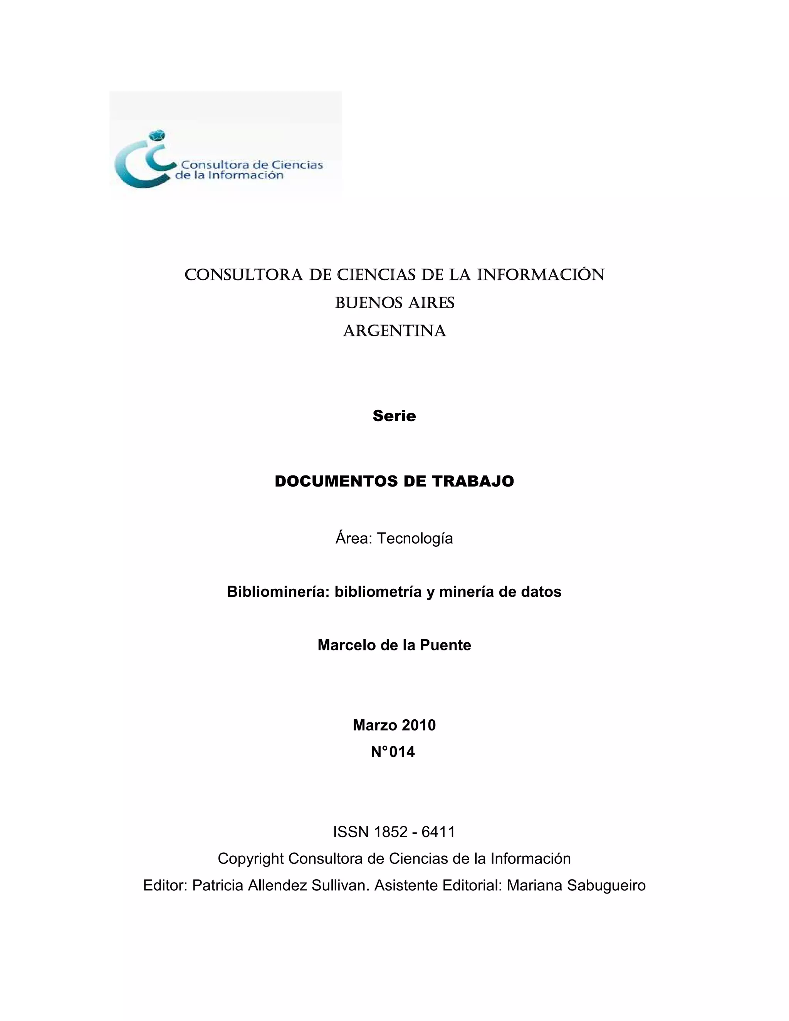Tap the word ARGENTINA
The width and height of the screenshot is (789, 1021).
(x=394, y=331)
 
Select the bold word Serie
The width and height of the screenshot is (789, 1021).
(x=394, y=416)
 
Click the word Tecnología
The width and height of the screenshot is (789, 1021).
(x=415, y=539)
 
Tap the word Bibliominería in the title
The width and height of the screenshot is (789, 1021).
(x=278, y=592)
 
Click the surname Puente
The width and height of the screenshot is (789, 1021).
(x=445, y=645)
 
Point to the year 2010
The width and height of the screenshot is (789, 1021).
(x=418, y=725)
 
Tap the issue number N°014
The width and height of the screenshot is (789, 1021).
(x=393, y=752)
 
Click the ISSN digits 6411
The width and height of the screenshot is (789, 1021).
(x=438, y=832)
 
